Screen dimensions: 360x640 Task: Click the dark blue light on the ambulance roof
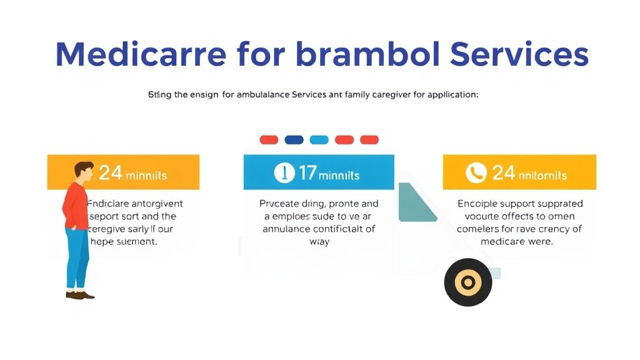point(294,139)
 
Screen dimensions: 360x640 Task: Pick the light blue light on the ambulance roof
point(319,139)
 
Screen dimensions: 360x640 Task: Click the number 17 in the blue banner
point(307,173)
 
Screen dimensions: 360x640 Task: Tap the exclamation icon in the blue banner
point(284,173)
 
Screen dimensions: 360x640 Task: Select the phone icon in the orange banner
point(476,173)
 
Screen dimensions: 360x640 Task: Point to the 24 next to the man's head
point(111,172)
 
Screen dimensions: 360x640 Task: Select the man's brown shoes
point(79,295)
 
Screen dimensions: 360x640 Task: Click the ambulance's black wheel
point(467,282)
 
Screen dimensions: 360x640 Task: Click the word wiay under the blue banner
point(319,241)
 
